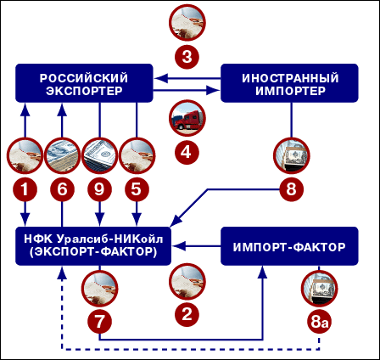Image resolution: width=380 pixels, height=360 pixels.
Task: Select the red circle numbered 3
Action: [x=187, y=57]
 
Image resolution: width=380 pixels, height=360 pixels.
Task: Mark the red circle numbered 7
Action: [x=99, y=322]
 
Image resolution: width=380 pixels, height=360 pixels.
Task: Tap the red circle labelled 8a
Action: [x=318, y=322]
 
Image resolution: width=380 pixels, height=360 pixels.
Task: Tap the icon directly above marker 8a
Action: [x=318, y=290]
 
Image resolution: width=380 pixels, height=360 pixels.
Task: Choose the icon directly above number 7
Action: [x=99, y=290]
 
